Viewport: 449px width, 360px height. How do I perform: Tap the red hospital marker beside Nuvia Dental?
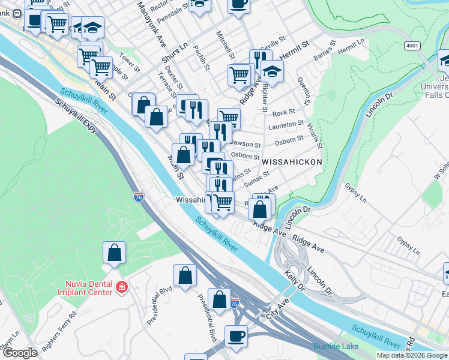click(x=122, y=287)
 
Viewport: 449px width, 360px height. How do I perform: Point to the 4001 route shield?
click(x=412, y=45)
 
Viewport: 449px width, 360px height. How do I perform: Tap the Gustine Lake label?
click(x=336, y=347)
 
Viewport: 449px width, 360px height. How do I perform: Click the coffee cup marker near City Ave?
click(x=236, y=336)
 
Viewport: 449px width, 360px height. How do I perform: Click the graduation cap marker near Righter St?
click(x=273, y=73)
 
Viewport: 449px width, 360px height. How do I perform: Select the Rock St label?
click(x=284, y=112)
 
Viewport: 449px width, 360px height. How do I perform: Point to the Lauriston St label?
click(x=286, y=125)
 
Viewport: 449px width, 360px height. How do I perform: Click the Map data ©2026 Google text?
click(x=412, y=355)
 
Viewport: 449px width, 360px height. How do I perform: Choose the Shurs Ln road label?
click(x=174, y=52)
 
